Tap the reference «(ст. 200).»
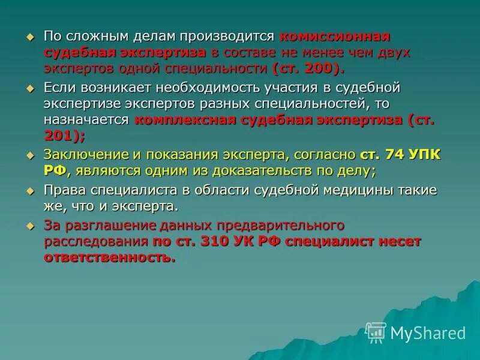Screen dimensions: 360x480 tap(306, 68)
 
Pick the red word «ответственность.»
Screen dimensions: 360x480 tap(110, 258)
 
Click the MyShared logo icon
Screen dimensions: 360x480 tap(376, 332)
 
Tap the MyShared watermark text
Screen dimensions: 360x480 tap(428, 333)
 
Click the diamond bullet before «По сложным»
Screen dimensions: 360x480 tap(31, 36)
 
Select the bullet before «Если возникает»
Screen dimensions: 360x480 tap(31, 88)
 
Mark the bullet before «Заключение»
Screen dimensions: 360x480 tap(31, 155)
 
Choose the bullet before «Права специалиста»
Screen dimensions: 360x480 tap(31, 190)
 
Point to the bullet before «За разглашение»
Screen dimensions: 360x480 tap(31, 226)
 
